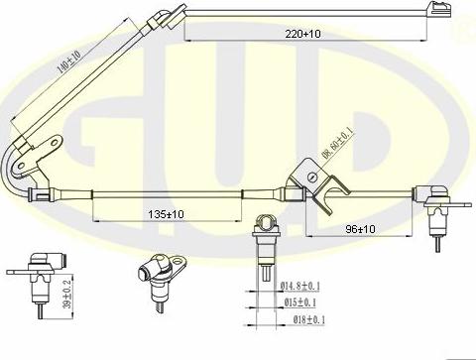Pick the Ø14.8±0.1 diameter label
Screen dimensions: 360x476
305,287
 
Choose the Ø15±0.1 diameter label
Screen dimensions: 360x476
303,302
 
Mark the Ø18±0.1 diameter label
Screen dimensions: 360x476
303,319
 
